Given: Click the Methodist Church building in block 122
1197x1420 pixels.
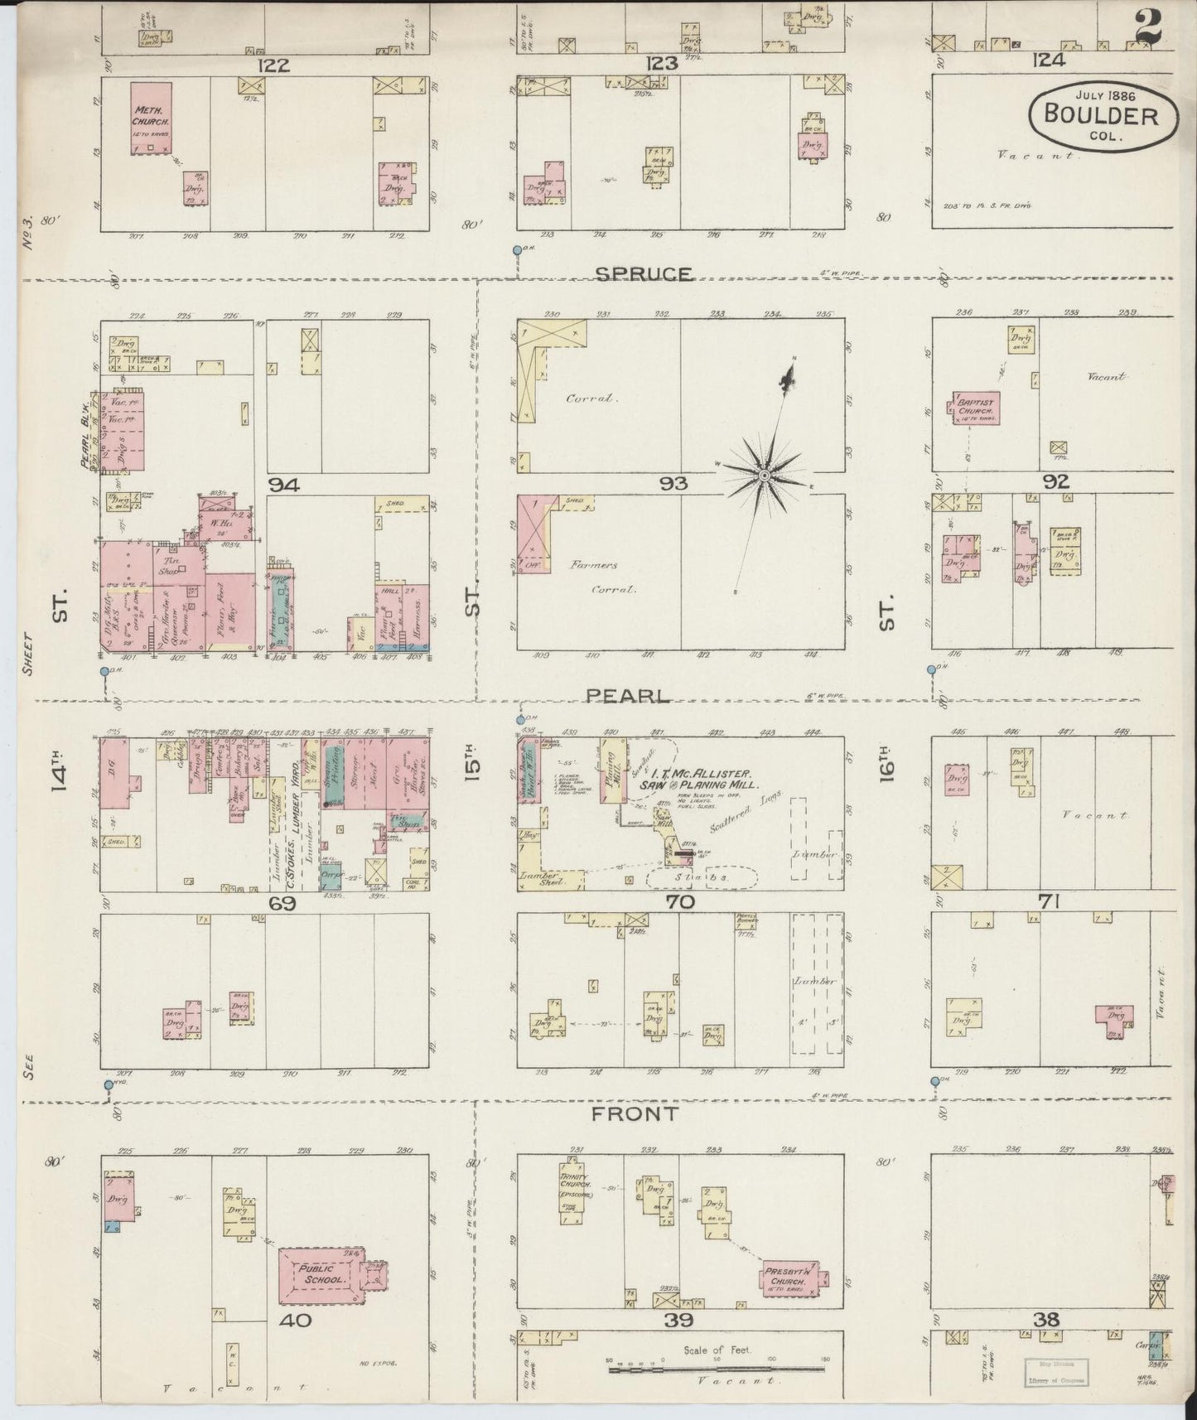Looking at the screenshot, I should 151,118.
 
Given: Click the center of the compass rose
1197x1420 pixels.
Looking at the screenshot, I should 764,475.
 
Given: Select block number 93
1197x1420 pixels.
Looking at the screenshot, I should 672,484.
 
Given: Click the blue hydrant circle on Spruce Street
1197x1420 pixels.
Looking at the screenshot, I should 517,249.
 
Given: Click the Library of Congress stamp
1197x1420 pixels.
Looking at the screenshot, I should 1058,1370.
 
